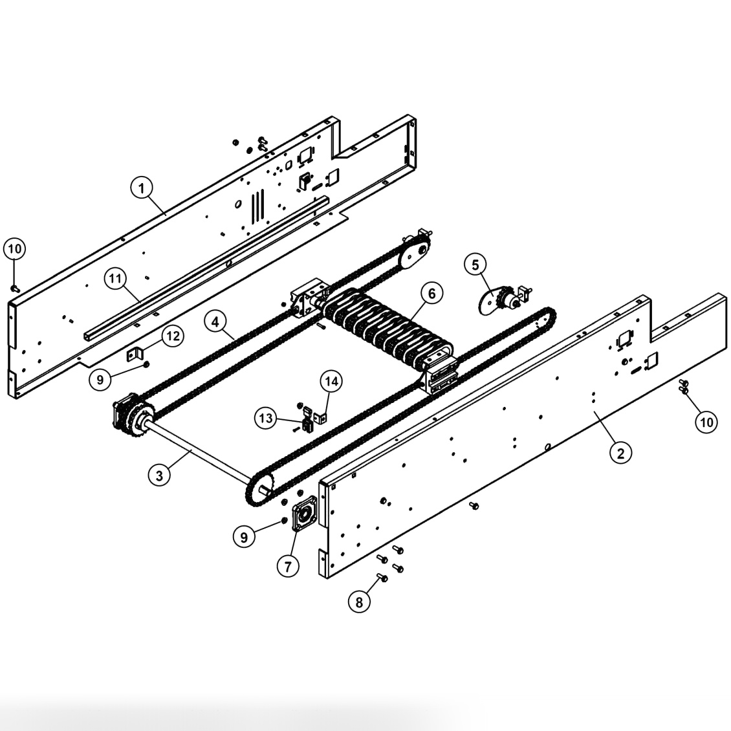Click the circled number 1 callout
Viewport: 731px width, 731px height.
pyautogui.click(x=142, y=188)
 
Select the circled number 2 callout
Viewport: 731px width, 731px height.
pyautogui.click(x=620, y=452)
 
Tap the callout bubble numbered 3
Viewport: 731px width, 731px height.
pyautogui.click(x=159, y=475)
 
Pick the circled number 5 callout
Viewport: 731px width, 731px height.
pyautogui.click(x=475, y=265)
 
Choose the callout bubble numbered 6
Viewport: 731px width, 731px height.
pyautogui.click(x=431, y=293)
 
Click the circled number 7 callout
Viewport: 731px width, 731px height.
pyautogui.click(x=288, y=566)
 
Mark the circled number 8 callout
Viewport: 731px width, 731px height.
pyautogui.click(x=360, y=602)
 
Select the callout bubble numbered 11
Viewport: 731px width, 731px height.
pyautogui.click(x=116, y=279)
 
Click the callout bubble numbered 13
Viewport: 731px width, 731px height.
pyautogui.click(x=267, y=419)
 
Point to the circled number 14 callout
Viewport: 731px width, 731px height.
pyautogui.click(x=331, y=382)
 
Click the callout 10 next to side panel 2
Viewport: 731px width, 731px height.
pyautogui.click(x=706, y=422)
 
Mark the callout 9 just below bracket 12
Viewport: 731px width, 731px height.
pyautogui.click(x=100, y=380)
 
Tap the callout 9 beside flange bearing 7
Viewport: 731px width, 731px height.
pyautogui.click(x=244, y=537)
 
